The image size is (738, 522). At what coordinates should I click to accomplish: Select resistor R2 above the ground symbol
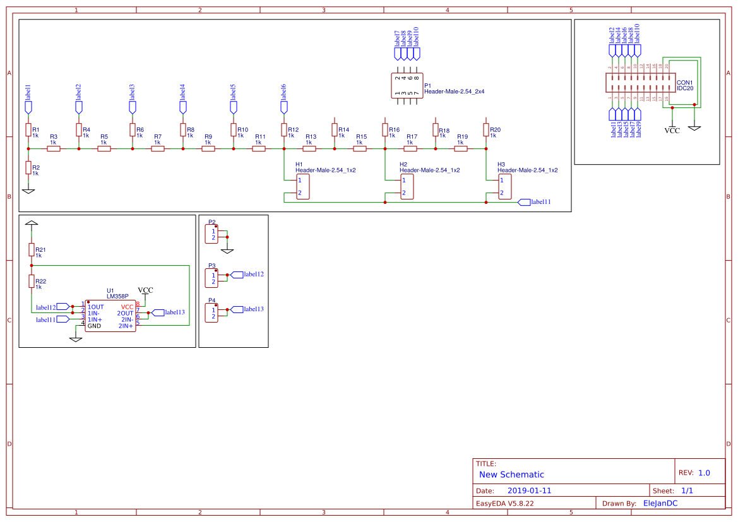click(28, 167)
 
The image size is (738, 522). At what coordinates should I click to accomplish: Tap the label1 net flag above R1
click(28, 107)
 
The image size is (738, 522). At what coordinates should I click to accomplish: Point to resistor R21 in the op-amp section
click(31, 250)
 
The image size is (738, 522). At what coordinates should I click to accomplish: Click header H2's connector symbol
click(408, 187)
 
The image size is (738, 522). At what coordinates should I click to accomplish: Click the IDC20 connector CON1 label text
click(685, 85)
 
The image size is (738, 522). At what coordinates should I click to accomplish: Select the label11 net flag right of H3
click(523, 202)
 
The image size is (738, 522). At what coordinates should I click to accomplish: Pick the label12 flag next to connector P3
click(237, 275)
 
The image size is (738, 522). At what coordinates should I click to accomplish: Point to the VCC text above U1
click(145, 290)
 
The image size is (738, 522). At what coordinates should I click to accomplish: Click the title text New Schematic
click(511, 475)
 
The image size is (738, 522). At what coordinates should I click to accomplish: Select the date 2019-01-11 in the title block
click(529, 490)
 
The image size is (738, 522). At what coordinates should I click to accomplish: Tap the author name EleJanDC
click(660, 503)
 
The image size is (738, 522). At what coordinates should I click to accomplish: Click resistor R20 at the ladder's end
click(486, 130)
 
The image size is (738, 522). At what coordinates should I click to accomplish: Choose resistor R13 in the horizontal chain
click(309, 149)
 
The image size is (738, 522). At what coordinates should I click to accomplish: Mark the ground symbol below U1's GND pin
click(76, 339)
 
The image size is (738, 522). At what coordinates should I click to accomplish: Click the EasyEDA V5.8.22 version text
click(504, 503)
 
